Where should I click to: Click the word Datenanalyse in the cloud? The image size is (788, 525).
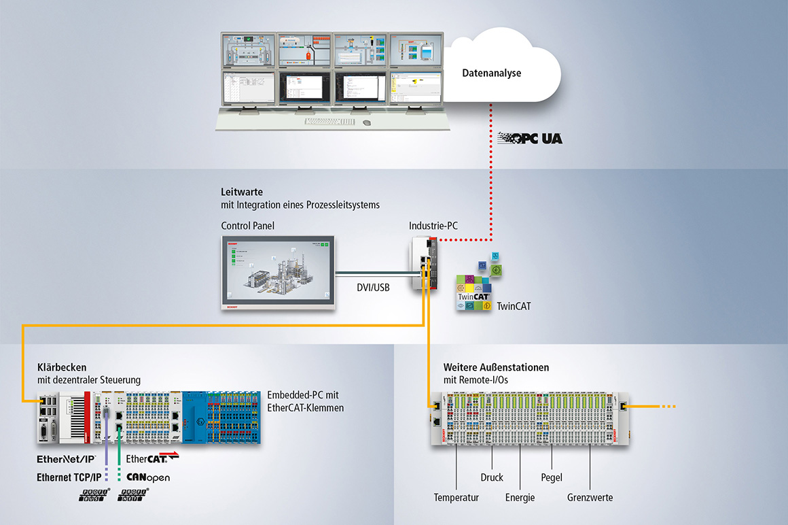pos(491,73)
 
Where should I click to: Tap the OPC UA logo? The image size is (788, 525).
pos(529,138)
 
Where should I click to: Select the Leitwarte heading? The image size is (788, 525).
pos(241,192)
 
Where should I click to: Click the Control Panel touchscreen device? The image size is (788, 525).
pos(278,272)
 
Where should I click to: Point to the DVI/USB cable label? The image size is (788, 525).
pos(374,288)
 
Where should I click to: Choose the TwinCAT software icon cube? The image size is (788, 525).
pos(475,293)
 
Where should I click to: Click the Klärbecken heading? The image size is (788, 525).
pos(62,367)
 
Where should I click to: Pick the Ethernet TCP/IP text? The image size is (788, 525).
pos(69,477)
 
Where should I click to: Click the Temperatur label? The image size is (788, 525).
pos(456,498)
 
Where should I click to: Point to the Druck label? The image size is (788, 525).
pos(492,477)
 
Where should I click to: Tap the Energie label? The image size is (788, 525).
pos(520,498)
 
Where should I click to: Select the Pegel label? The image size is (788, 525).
pos(552,477)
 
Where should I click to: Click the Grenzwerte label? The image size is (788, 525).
pos(590,498)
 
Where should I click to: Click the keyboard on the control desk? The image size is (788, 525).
pos(329,122)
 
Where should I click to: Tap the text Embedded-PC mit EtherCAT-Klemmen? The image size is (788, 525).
pos(305,401)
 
